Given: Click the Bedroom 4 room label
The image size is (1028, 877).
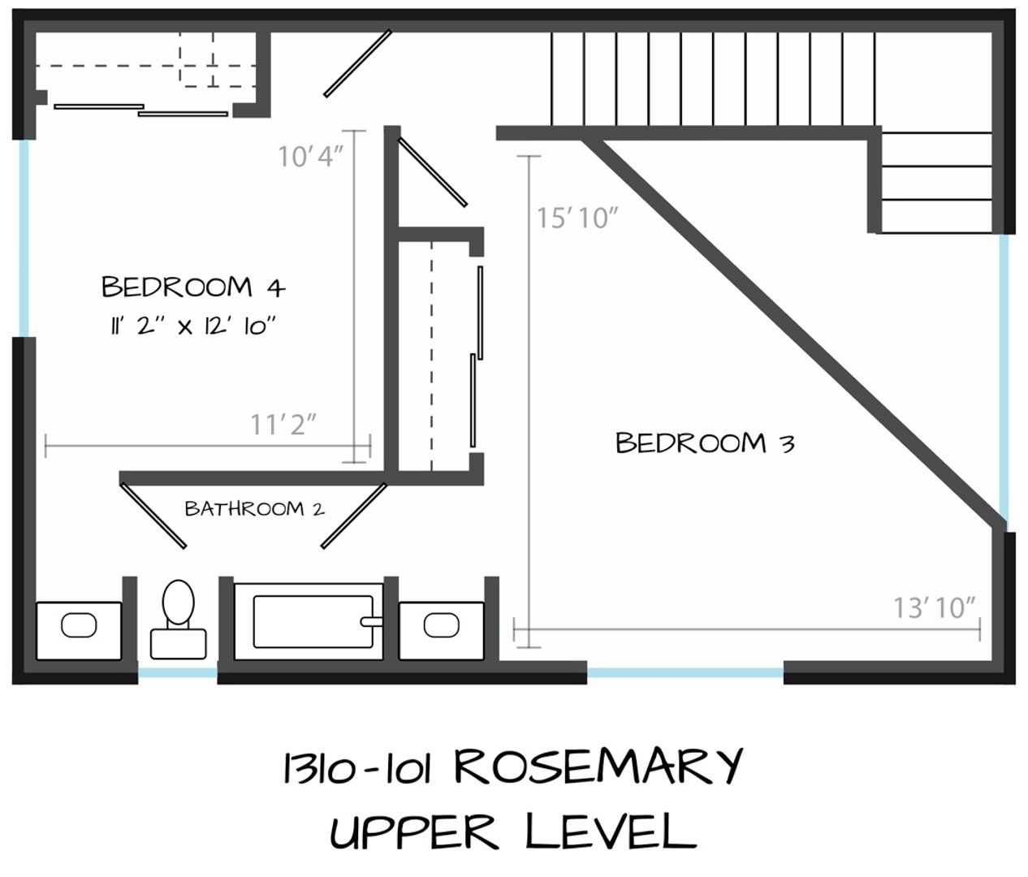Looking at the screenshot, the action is pyautogui.click(x=193, y=287).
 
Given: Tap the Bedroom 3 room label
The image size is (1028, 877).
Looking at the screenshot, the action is pyautogui.click(x=705, y=443).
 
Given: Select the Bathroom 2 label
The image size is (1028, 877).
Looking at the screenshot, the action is pyautogui.click(x=255, y=508).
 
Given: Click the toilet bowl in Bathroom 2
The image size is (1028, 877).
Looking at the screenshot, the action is pyautogui.click(x=179, y=602).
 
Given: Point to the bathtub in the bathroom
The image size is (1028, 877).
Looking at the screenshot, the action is pyautogui.click(x=309, y=622).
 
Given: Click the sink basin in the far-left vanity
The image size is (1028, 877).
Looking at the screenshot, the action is pyautogui.click(x=79, y=625).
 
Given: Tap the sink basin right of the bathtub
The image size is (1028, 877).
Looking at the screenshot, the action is pyautogui.click(x=441, y=625).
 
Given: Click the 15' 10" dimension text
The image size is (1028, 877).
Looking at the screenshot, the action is pyautogui.click(x=577, y=218).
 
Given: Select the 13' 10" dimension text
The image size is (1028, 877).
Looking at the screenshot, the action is pyautogui.click(x=935, y=607).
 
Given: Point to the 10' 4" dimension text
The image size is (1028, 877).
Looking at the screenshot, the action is pyautogui.click(x=311, y=156).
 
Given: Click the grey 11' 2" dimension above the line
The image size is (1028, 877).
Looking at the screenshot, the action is pyautogui.click(x=283, y=425).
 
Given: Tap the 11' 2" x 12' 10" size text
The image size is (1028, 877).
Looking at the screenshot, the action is pyautogui.click(x=193, y=326).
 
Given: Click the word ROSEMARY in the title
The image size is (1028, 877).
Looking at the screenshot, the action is pyautogui.click(x=598, y=767).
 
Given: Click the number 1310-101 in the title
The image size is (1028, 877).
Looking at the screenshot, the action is pyautogui.click(x=356, y=767).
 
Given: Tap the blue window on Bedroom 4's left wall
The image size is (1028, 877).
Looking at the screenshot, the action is pyautogui.click(x=24, y=238).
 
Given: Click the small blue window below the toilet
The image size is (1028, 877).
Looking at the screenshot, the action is pyautogui.click(x=178, y=672).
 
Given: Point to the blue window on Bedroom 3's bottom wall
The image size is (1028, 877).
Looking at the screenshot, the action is pyautogui.click(x=685, y=672).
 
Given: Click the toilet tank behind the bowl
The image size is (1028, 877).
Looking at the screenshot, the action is pyautogui.click(x=179, y=644).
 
